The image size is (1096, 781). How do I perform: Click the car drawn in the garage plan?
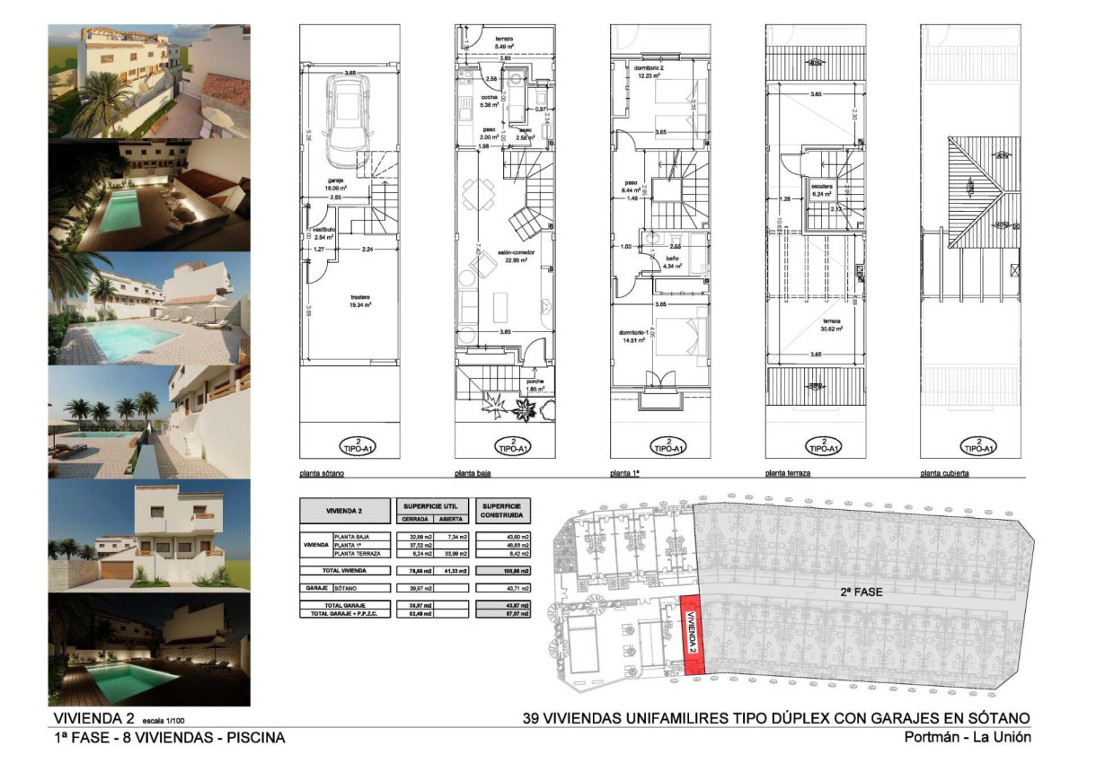coord(345,119)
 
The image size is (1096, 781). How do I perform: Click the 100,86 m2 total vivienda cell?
coord(505,570)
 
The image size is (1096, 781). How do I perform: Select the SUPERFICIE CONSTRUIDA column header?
coord(505,512)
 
